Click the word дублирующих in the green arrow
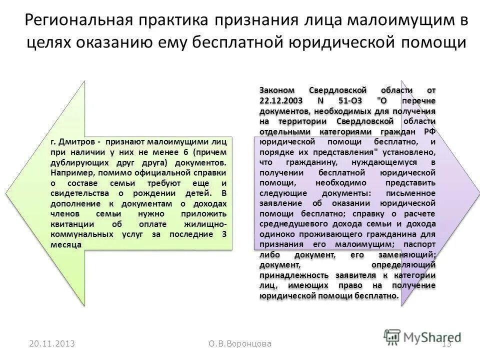coord(77,163)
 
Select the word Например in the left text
coord(71,173)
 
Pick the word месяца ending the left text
coord(66,244)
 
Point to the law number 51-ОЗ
coord(351,100)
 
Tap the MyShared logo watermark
coord(422,337)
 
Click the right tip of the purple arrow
coord(474,193)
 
